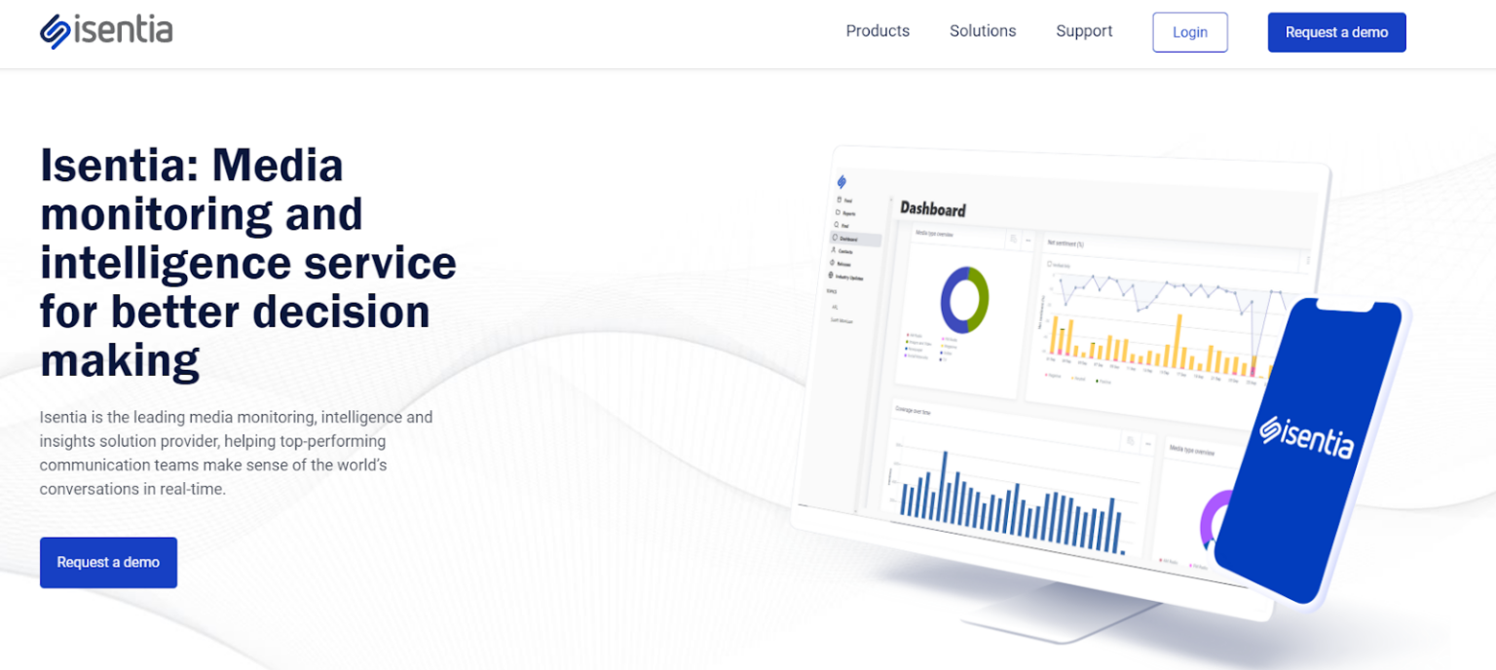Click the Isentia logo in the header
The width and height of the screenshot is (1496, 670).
[x=106, y=31]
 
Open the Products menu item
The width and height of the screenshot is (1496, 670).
[x=878, y=31]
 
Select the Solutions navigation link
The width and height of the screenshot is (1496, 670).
[x=983, y=31]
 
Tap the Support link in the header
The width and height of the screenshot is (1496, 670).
[x=1084, y=31]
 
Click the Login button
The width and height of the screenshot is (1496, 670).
[x=1189, y=32]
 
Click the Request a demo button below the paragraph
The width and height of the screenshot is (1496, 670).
[x=108, y=562]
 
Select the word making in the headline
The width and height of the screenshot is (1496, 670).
[x=119, y=360]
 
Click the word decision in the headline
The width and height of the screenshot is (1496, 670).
[x=341, y=312]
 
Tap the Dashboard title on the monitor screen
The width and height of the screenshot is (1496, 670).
[x=932, y=209]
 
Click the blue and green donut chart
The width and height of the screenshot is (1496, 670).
[x=964, y=300]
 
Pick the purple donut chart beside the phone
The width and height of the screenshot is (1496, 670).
[x=1213, y=516]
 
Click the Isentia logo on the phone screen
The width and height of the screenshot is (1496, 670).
[x=1306, y=436]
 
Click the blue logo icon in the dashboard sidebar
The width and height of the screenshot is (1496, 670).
[x=841, y=181]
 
